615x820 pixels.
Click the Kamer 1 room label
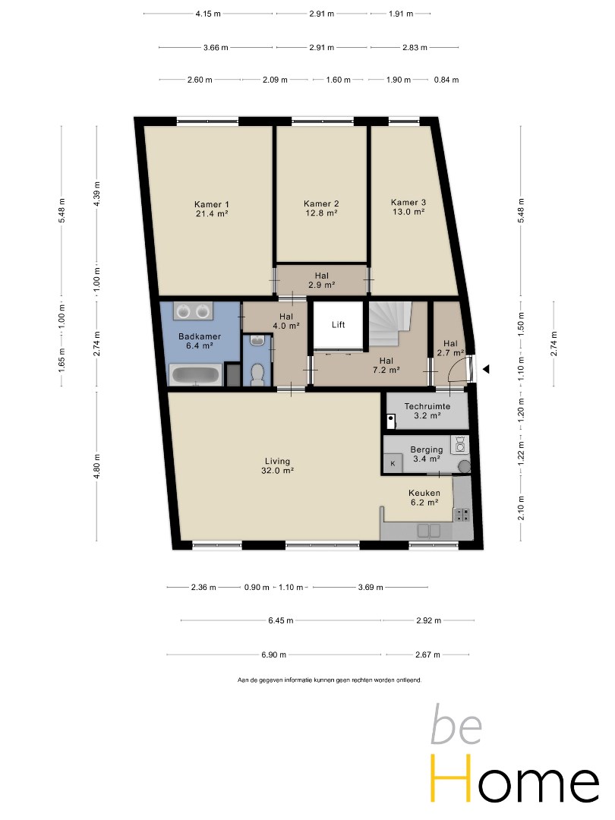(212, 209)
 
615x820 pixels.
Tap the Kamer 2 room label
(321, 208)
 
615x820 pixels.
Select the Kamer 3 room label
(408, 207)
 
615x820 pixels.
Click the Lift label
(339, 325)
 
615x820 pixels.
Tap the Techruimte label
(427, 406)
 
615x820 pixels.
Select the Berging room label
(427, 454)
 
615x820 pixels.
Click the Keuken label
(424, 497)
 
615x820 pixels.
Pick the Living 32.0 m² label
(277, 465)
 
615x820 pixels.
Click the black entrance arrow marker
(486, 369)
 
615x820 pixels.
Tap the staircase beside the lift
(391, 323)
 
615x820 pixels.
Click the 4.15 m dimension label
(208, 14)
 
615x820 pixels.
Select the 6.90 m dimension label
(273, 654)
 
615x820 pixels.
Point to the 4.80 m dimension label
(96, 466)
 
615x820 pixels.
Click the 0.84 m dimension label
(446, 80)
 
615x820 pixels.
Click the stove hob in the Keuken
(462, 514)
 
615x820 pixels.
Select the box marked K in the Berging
(393, 463)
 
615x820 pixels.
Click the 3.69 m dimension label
(371, 587)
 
